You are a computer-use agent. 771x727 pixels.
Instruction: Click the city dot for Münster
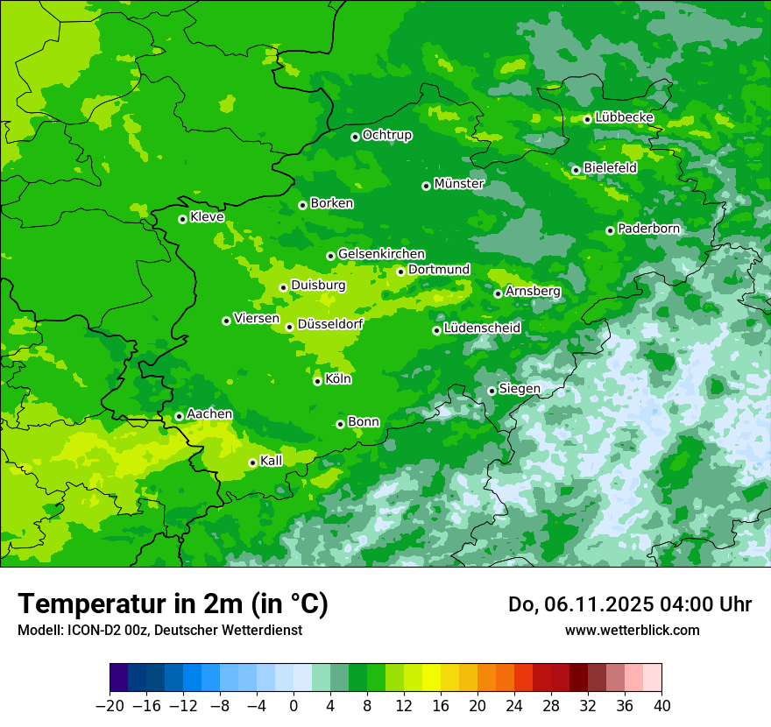[426, 186]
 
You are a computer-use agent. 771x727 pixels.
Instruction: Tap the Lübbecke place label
[624, 117]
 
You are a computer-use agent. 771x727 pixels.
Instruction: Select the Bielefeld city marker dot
[576, 170]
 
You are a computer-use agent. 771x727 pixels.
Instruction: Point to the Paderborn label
[648, 229]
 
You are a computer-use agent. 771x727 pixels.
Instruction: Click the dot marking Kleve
[182, 219]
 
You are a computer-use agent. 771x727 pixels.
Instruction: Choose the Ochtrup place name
[386, 135]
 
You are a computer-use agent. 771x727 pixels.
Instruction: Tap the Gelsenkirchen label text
[381, 254]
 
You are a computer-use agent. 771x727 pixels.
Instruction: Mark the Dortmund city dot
[400, 272]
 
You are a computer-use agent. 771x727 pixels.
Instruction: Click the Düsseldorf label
[330, 324]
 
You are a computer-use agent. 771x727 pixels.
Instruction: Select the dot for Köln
[317, 381]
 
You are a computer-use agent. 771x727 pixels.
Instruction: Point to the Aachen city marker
[179, 416]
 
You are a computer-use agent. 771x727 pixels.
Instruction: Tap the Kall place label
[272, 461]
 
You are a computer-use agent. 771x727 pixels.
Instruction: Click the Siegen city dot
[492, 391]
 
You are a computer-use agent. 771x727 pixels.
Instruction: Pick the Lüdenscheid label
[482, 328]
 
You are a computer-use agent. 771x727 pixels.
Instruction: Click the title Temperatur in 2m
[173, 604]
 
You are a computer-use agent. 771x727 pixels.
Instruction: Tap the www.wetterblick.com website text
[632, 630]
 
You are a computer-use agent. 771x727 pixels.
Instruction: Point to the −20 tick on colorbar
[110, 706]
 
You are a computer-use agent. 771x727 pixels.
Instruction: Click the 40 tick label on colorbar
[661, 706]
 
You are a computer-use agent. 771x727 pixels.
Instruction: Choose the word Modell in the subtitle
[37, 630]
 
